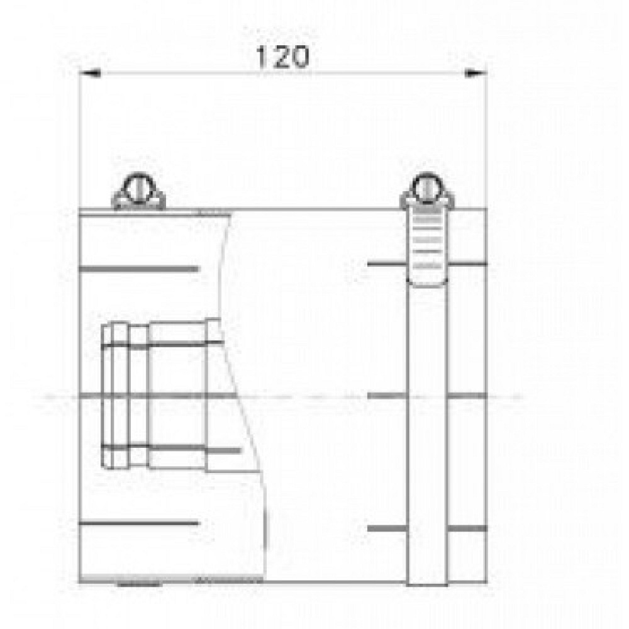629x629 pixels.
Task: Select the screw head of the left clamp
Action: coord(138,188)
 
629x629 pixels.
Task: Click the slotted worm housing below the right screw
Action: coord(428,245)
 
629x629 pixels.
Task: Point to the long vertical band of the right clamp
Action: coord(428,428)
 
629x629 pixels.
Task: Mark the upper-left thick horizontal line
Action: coord(138,269)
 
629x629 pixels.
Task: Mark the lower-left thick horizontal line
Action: coord(138,523)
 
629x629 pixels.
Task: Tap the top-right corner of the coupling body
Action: coord(487,208)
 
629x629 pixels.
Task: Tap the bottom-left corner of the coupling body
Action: coord(80,582)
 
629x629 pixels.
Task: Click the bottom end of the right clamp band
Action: coord(428,582)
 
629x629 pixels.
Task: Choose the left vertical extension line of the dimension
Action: coord(79,138)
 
